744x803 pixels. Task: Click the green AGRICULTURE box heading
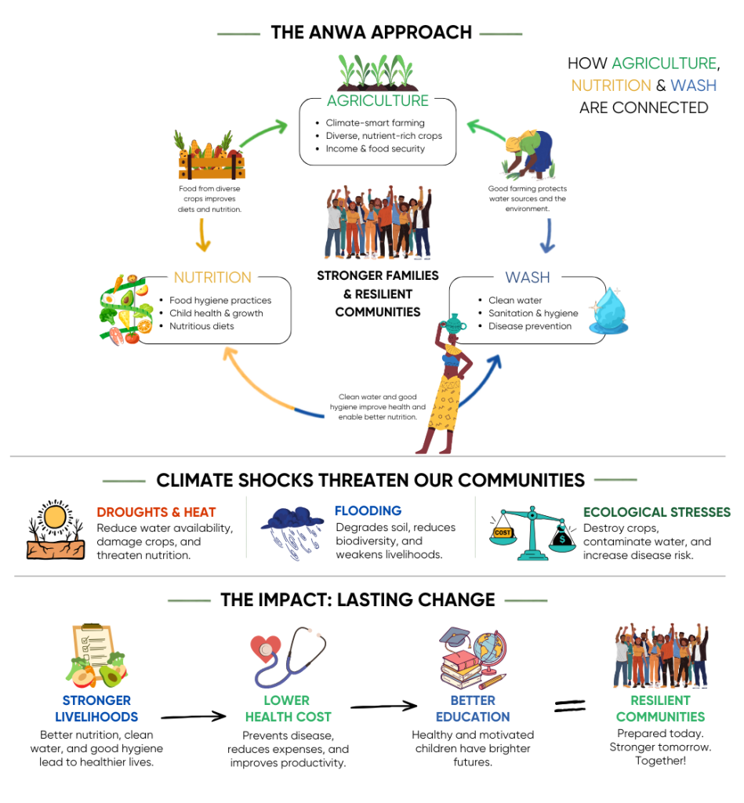coord(377,101)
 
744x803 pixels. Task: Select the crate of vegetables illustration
coord(210,156)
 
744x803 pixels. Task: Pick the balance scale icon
coord(532,533)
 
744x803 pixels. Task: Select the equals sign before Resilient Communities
coord(570,707)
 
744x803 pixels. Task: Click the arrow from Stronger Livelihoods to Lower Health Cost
coord(194,716)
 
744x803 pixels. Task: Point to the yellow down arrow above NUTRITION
coord(203,235)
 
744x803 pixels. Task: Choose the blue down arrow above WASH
coord(548,236)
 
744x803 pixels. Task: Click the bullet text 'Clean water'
coord(514,300)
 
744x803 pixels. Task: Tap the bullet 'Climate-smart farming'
coord(375,123)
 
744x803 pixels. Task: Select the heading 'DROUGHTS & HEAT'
coord(156,512)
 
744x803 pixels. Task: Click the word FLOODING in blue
coord(368,511)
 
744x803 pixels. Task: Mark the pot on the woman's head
coord(454,324)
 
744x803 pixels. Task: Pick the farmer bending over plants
coord(529,154)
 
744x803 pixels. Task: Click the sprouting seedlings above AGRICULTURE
coord(377,73)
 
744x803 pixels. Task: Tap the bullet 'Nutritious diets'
coord(201,326)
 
